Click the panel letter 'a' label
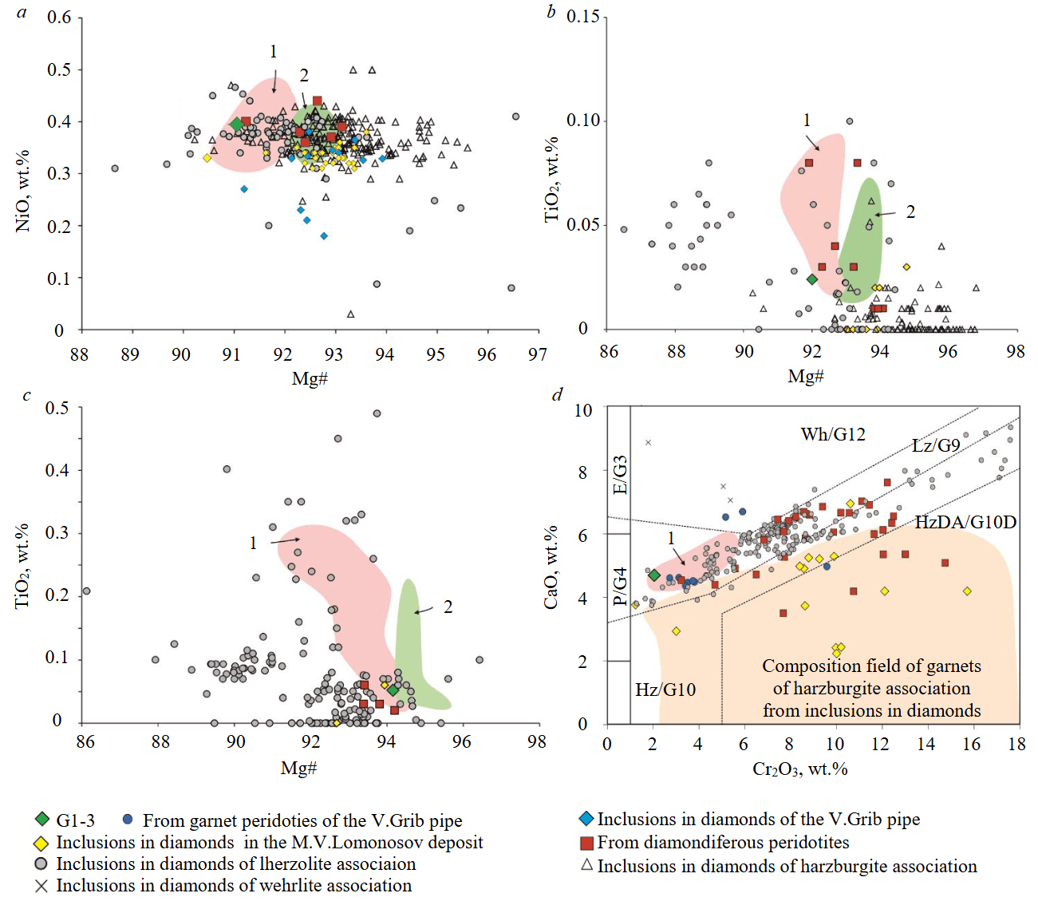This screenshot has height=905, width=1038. [x=22, y=11]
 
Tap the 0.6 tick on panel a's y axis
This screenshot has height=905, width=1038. [x=59, y=18]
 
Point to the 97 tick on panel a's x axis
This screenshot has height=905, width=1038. [x=538, y=354]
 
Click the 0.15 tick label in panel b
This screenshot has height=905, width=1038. [x=582, y=17]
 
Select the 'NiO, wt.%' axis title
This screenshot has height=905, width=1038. [x=22, y=191]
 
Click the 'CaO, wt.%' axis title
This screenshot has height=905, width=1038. [x=551, y=567]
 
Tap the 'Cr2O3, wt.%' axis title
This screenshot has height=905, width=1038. [x=799, y=769]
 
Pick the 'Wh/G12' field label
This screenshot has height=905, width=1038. [x=833, y=434]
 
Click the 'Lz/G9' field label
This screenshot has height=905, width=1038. [x=935, y=445]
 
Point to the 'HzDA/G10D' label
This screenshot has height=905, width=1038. [x=965, y=522]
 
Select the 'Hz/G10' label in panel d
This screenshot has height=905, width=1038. [x=665, y=690]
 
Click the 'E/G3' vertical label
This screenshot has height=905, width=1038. [x=620, y=476]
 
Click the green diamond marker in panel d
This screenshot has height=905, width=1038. [x=654, y=575]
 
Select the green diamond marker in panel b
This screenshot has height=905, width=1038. [x=812, y=279]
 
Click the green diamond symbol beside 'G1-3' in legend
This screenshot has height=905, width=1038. [x=42, y=820]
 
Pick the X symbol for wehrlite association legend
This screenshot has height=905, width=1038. [x=41, y=886]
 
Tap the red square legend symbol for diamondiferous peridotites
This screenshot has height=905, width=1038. [x=586, y=843]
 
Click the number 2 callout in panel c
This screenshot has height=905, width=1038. [x=448, y=607]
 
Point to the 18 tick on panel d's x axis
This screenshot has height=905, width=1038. [x=1016, y=744]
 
